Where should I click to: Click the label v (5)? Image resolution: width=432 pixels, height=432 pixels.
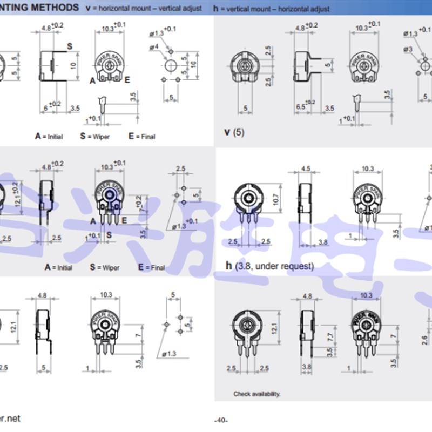tap(234, 131)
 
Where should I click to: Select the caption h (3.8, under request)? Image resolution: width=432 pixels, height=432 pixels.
tap(269, 266)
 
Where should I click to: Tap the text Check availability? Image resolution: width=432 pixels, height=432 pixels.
tap(256, 394)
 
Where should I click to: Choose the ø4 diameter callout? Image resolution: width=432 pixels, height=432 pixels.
tap(153, 47)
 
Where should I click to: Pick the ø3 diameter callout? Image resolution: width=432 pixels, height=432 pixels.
tap(407, 49)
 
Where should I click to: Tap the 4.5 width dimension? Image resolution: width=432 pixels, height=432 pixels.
tap(305, 168)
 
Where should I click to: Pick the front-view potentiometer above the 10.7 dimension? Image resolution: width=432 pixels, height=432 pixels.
tap(248, 198)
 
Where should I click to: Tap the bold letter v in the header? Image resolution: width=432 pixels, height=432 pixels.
tap(89, 8)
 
